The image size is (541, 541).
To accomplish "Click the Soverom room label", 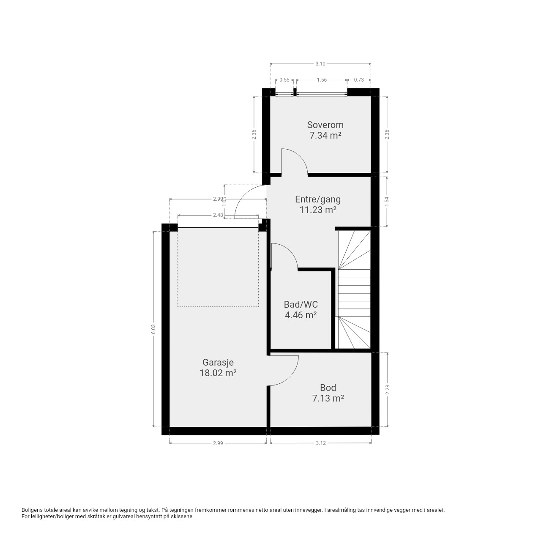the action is (325, 125).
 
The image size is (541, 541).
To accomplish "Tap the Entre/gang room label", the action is (318, 199).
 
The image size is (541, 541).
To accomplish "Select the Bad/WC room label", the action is (301, 304).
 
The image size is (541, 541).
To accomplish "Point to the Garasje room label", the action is (218, 363).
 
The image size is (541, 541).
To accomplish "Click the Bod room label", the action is (328, 388).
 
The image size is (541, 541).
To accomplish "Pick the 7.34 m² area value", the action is (325, 136).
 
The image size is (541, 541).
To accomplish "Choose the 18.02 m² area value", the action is (218, 373).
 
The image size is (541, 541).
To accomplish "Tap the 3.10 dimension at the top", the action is (320, 64).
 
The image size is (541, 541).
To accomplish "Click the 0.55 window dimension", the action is (284, 80).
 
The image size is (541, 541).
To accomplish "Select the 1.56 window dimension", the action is (322, 80).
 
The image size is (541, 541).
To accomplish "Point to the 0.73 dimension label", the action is (359, 80).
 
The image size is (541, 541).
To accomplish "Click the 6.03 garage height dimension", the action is (153, 329).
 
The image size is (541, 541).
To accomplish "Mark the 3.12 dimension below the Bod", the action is (321, 443).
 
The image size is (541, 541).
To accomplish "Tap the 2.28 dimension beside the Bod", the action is (388, 389).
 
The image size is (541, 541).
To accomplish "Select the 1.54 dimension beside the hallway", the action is (387, 202).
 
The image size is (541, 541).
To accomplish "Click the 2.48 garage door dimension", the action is (218, 215).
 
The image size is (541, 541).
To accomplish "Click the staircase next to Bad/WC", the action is (354, 290).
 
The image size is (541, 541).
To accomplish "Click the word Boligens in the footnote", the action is (33, 518).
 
